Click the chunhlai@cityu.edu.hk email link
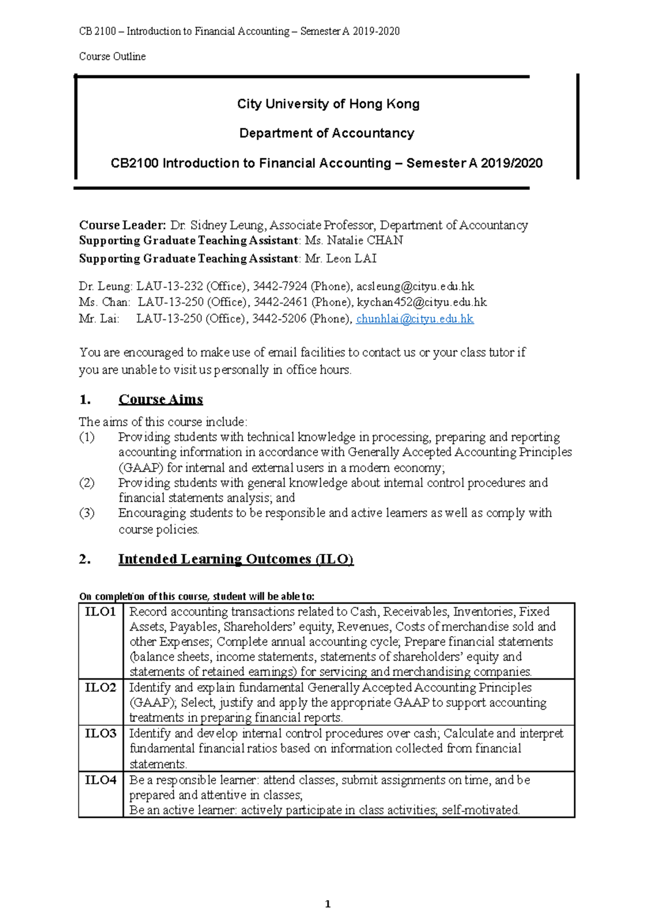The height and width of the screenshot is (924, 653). (x=415, y=319)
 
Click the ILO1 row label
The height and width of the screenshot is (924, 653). (x=101, y=612)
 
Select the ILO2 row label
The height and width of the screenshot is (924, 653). (x=101, y=687)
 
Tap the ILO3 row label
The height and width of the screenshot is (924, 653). (x=101, y=733)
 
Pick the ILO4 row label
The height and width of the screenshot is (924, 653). (x=101, y=780)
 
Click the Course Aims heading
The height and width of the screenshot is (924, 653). (x=161, y=399)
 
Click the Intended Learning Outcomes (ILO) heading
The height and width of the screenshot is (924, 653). (x=236, y=559)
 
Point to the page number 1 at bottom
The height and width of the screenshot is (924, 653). (x=328, y=904)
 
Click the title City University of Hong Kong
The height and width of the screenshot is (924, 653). (x=328, y=104)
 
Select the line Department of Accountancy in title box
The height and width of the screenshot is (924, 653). (x=327, y=133)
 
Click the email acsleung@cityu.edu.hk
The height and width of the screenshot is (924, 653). (x=415, y=286)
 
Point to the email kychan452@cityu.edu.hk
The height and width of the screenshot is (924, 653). (x=422, y=302)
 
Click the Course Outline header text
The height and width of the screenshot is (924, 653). (x=112, y=57)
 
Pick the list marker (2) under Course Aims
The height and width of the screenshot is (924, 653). (x=87, y=483)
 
